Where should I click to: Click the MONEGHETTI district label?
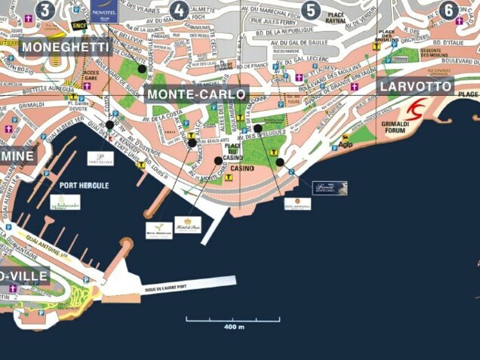pyautogui.click(x=66, y=48)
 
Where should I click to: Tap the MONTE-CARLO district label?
pyautogui.click(x=198, y=94)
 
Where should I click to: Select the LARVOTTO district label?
pyautogui.click(x=417, y=86)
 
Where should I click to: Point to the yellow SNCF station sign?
pyautogui.click(x=79, y=25)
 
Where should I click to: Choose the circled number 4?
pyautogui.click(x=179, y=10)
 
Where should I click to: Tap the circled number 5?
pyautogui.click(x=310, y=10)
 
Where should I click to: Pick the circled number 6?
pyautogui.click(x=449, y=10)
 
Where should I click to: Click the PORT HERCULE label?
pyautogui.click(x=84, y=185)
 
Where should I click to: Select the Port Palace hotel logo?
pyautogui.click(x=100, y=158)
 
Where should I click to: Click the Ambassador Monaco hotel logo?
pyautogui.click(x=65, y=202)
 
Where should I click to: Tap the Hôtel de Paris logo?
pyautogui.click(x=187, y=225)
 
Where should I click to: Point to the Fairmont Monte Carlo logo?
pyautogui.click(x=330, y=188)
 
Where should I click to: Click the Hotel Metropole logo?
pyautogui.click(x=297, y=203)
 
